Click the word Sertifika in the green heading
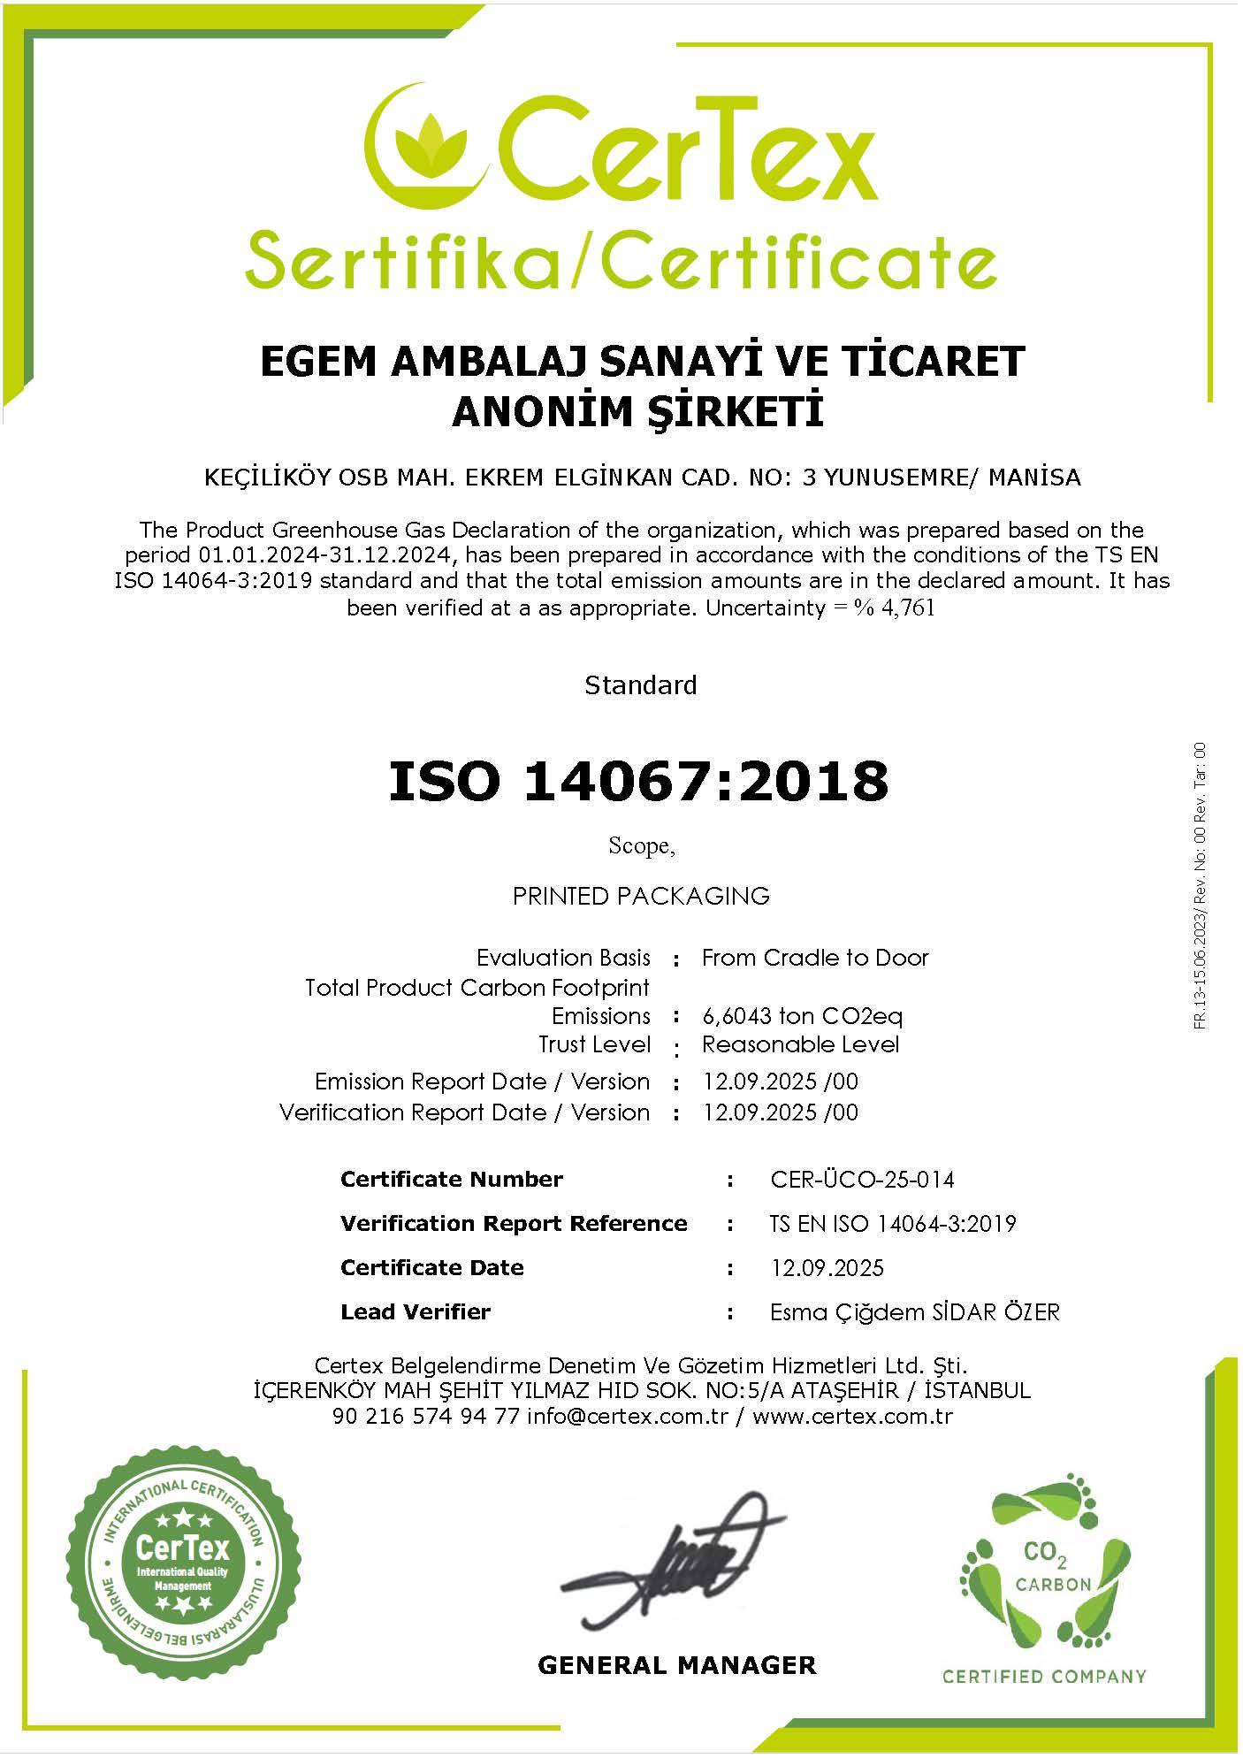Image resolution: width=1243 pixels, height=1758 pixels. tap(402, 261)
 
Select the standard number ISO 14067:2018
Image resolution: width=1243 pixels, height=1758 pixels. tap(638, 782)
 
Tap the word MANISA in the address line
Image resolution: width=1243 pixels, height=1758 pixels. tap(1034, 478)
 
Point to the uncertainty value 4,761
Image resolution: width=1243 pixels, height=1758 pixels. tap(908, 608)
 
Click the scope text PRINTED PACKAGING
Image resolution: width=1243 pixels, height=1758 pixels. tap(641, 896)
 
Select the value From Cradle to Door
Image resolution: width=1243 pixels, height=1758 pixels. tap(814, 958)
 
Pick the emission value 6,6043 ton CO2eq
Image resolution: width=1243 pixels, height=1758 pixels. tap(802, 1016)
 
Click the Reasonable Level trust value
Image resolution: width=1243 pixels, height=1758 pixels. tap(800, 1044)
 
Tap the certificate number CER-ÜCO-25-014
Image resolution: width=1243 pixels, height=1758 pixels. tap(862, 1180)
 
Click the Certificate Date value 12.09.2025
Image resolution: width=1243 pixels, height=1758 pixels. tap(827, 1268)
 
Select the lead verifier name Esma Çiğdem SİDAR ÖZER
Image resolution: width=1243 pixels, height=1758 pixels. tap(914, 1312)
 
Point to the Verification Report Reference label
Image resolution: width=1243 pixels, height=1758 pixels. tap(513, 1224)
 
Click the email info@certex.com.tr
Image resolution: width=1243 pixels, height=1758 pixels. tap(628, 1417)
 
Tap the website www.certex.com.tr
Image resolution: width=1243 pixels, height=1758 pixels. tap(852, 1417)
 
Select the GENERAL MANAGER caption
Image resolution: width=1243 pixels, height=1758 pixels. tap(676, 1666)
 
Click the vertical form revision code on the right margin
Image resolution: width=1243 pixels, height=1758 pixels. tap(1200, 884)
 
